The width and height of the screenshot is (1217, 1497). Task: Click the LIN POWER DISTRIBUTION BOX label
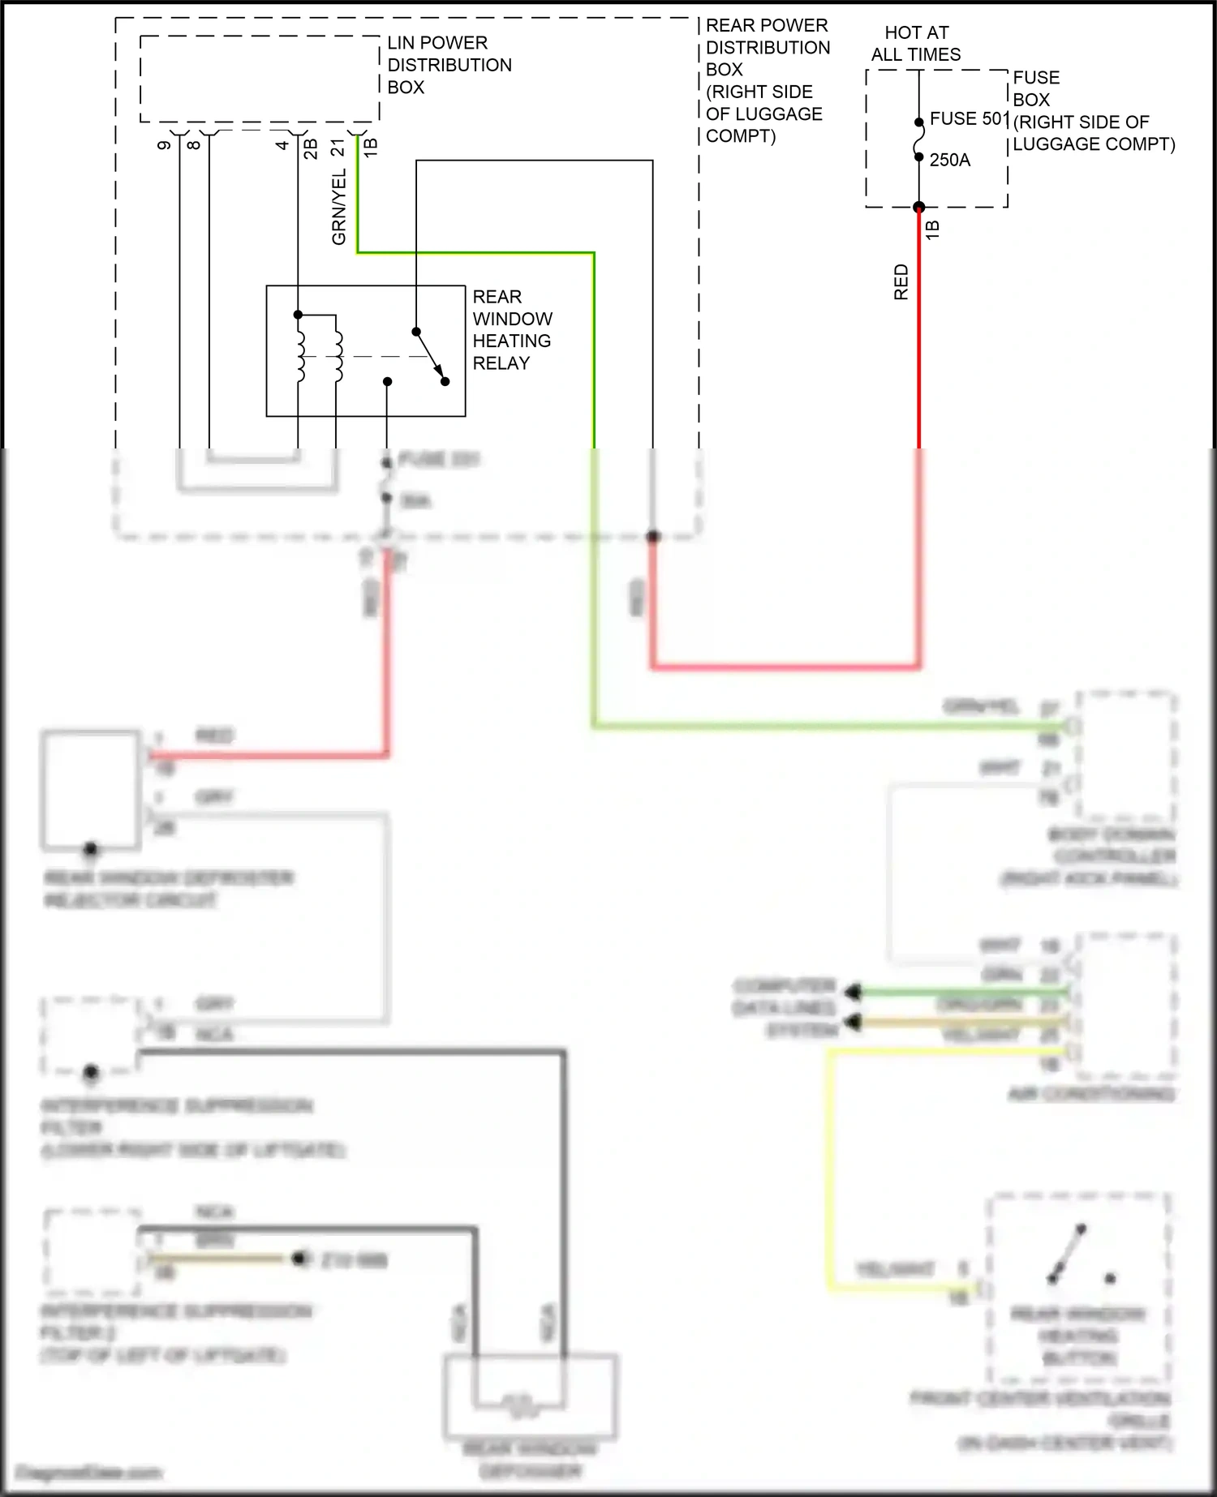[x=449, y=65]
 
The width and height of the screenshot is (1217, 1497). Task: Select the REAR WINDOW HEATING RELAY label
[x=512, y=330]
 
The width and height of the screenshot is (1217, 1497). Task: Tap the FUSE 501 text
[x=968, y=118]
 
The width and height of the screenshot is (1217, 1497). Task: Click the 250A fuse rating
[x=949, y=160]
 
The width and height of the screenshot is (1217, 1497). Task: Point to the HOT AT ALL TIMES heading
[x=916, y=44]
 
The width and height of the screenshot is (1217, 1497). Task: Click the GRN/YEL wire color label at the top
[x=339, y=208]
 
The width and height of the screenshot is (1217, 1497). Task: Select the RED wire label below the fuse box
[x=901, y=282]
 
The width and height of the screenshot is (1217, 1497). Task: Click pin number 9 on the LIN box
[x=165, y=145]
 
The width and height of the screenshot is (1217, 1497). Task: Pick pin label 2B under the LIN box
[x=310, y=148]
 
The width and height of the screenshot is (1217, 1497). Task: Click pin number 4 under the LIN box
[x=282, y=145]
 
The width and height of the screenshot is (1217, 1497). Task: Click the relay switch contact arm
[x=430, y=356]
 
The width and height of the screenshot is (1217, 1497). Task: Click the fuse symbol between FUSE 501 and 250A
[x=918, y=140]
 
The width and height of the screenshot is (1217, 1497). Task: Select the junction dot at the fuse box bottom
[x=918, y=208]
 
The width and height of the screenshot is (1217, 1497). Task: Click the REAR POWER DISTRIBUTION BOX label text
[x=766, y=80]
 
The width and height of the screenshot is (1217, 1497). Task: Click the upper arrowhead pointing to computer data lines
[x=852, y=992]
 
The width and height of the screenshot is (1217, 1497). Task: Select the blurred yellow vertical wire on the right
[x=829, y=1168]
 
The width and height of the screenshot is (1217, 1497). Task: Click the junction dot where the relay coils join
[x=298, y=315]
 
